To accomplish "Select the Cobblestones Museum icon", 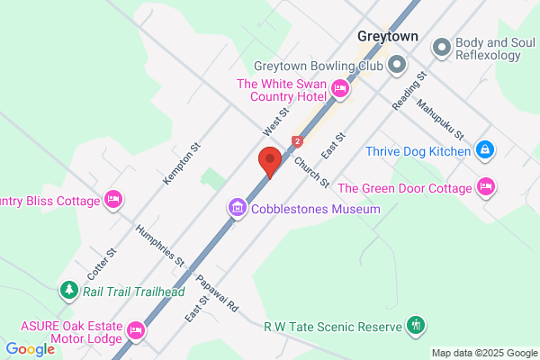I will (x=238, y=209).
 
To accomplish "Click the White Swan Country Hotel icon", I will (x=340, y=87).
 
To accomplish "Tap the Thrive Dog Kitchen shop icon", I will (x=484, y=149).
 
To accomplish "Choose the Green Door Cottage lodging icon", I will (x=486, y=188).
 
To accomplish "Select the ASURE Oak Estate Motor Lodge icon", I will (x=136, y=330).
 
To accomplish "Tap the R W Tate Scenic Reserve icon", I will (x=415, y=324).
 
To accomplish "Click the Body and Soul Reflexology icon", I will (x=441, y=46).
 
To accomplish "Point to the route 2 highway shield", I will (x=297, y=141).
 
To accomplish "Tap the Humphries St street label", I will (x=159, y=245).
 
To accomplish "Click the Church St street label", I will (x=311, y=172).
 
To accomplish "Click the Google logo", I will (x=30, y=349).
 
